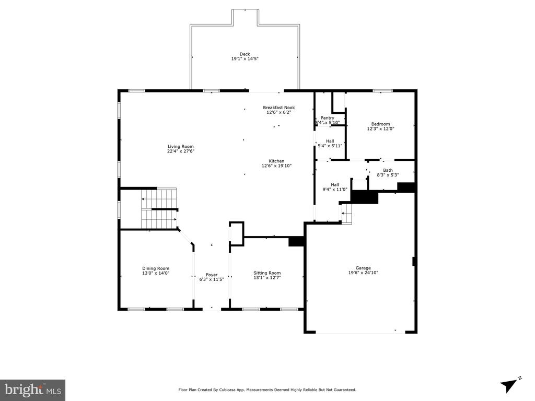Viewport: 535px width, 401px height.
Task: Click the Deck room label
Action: [245, 54]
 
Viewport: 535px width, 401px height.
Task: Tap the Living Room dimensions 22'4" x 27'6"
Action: [181, 151]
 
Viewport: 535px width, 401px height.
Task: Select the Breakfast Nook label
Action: [278, 108]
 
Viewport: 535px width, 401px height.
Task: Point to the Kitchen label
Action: [276, 161]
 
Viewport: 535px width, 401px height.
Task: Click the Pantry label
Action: [328, 118]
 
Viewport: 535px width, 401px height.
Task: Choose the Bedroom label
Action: [380, 124]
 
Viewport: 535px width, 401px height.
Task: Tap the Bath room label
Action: [388, 170]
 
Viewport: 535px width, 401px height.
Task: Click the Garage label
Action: [363, 268]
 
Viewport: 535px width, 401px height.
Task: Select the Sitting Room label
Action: [267, 273]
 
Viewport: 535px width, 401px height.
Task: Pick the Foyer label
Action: [211, 275]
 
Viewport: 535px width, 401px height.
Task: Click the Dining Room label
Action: [156, 268]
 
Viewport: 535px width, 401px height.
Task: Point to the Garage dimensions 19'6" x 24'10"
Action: [363, 273]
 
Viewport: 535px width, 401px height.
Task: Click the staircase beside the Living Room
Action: [159, 208]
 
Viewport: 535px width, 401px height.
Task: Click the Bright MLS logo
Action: [32, 390]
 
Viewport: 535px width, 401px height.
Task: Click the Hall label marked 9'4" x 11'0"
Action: [334, 184]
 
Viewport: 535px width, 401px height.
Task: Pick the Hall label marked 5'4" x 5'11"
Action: [330, 141]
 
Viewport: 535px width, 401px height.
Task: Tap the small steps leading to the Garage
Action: [346, 213]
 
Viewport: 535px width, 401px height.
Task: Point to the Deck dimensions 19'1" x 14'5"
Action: [245, 59]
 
